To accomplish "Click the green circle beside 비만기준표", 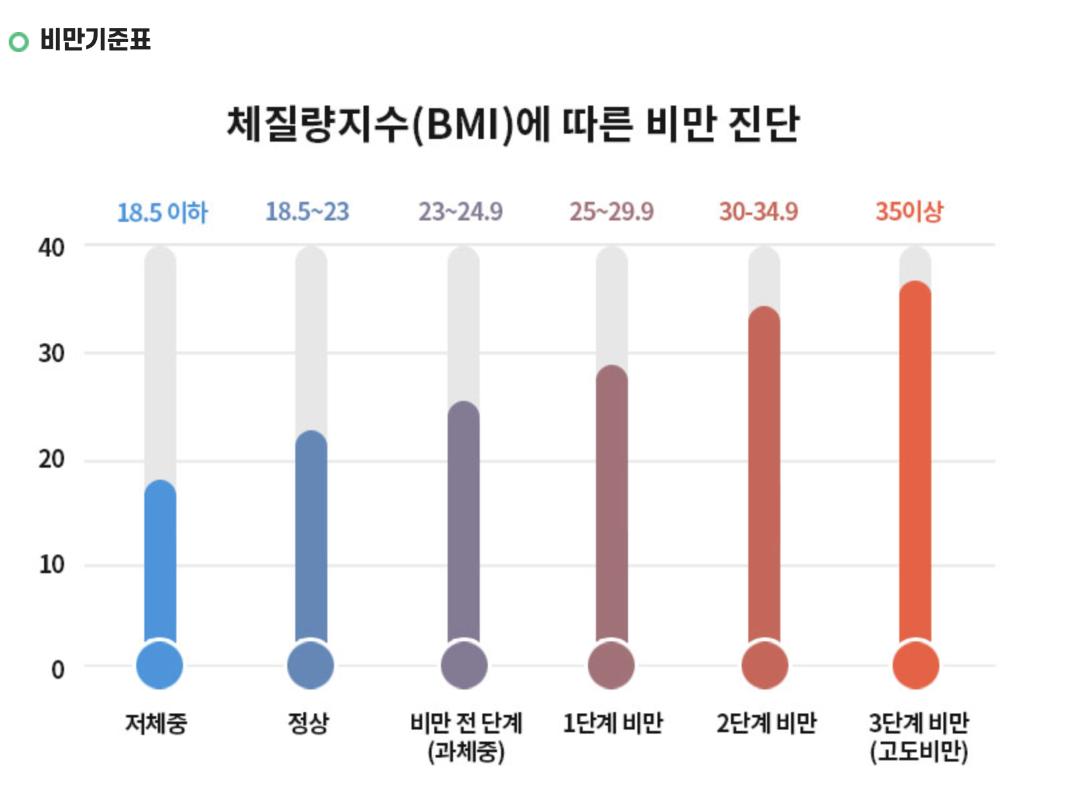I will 19,42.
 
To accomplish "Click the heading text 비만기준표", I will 96,39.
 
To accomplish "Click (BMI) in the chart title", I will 462,125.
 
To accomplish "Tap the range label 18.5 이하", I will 162,212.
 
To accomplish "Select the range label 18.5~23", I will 307,212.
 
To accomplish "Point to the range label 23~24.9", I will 460,212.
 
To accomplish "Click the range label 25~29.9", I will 611,212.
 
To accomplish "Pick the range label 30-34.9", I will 758,212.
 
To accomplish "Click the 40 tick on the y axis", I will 51,248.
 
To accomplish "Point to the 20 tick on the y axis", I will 51,460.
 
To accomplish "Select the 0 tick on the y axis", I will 58,669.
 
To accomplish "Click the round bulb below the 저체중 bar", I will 160,665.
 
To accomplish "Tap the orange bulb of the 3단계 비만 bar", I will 915,665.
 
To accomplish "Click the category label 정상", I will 308,723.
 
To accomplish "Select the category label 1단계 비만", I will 613,723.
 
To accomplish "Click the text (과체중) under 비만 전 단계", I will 466,752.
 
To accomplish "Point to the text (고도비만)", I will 919,752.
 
